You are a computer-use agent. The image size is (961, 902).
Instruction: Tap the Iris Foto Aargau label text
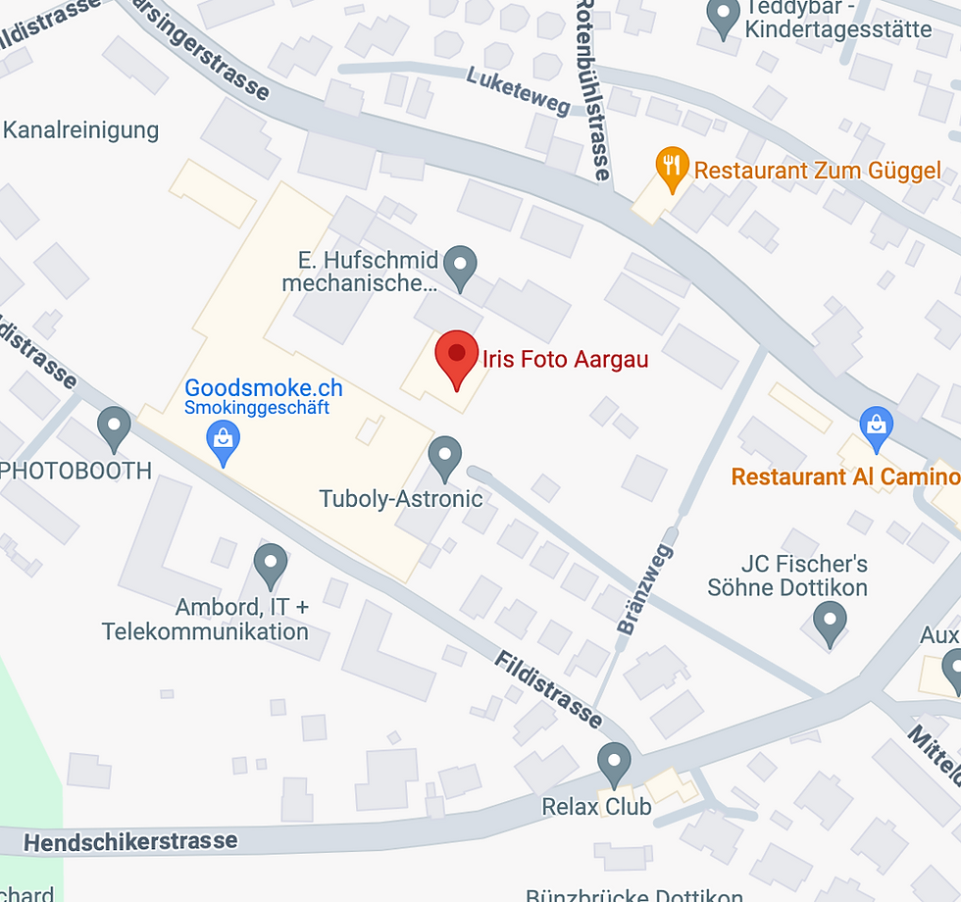(x=565, y=360)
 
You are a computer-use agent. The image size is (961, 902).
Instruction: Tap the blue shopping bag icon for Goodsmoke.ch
(x=225, y=441)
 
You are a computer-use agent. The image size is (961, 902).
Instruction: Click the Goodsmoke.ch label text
(x=264, y=386)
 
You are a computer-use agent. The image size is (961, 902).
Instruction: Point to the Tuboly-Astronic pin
(x=446, y=458)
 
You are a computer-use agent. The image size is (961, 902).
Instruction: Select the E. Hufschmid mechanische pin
(x=460, y=264)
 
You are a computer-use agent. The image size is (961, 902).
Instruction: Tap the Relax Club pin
(x=615, y=763)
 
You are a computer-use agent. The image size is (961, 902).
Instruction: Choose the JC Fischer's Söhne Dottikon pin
(x=831, y=623)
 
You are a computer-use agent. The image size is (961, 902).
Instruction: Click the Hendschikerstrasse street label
(x=130, y=841)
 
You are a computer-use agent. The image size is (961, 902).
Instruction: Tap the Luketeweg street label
(x=518, y=90)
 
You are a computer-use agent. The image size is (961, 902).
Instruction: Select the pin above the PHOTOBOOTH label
(x=115, y=428)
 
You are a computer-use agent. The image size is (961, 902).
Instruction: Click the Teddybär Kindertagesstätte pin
(x=724, y=18)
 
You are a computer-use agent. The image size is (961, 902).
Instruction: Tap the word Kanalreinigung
(x=81, y=130)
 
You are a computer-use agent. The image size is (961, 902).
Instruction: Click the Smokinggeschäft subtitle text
(x=258, y=408)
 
